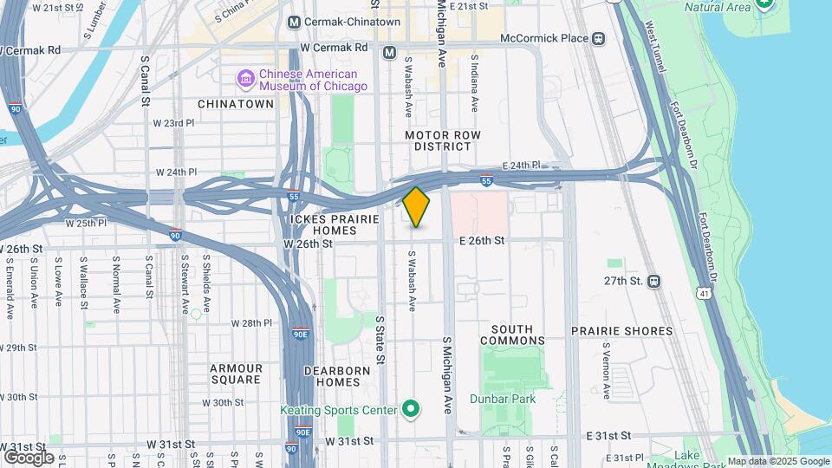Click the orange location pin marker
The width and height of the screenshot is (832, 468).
[416, 206]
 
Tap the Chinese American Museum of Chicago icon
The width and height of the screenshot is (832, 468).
[246, 80]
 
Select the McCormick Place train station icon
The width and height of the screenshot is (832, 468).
[598, 39]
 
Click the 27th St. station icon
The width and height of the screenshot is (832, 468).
[653, 281]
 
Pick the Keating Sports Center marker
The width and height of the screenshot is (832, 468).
[411, 410]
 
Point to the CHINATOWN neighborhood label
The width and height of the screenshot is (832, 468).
[236, 104]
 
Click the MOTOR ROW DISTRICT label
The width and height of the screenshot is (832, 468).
[442, 140]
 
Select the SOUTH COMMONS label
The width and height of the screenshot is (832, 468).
[518, 335]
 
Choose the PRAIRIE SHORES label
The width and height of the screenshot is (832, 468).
[621, 331]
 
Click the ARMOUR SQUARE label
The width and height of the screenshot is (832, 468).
[236, 374]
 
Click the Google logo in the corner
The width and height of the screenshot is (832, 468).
[29, 457]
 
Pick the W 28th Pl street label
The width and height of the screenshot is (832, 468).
[251, 323]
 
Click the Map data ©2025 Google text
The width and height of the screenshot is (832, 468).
[777, 461]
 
